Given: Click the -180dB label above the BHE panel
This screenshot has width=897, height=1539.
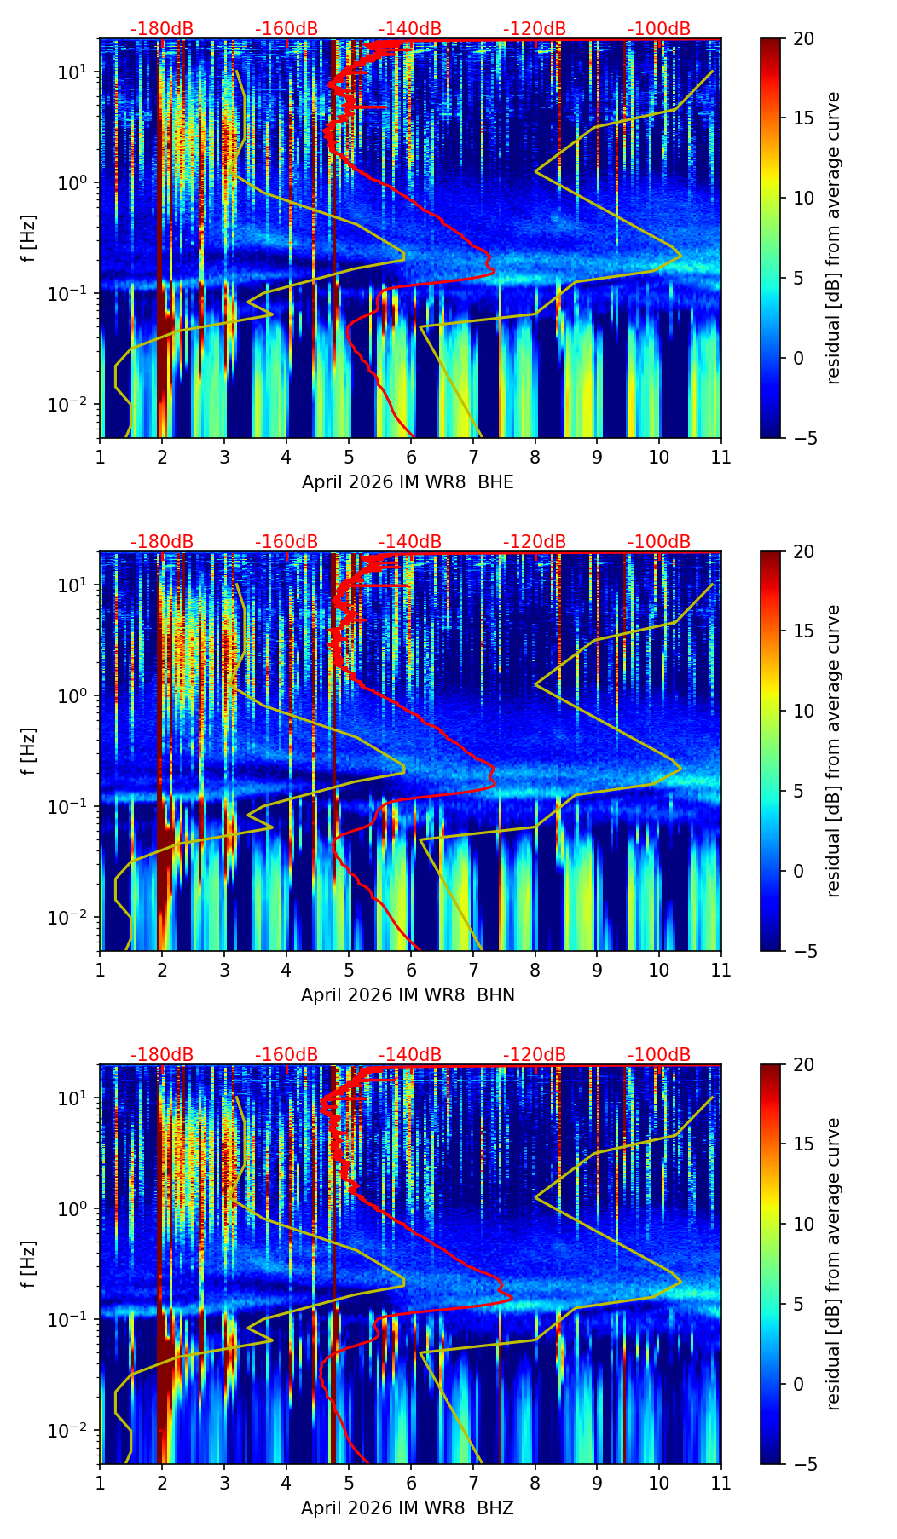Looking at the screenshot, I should click(162, 29).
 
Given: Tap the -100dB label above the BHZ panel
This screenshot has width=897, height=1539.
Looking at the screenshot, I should click(659, 1055).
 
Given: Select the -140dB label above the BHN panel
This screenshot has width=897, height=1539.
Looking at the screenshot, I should click(410, 542).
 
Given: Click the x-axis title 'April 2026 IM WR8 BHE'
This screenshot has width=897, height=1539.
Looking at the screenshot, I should click(408, 482).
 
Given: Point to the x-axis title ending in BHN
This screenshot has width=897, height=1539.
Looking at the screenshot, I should click(408, 995).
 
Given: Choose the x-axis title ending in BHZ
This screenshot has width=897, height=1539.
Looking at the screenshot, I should click(408, 1508).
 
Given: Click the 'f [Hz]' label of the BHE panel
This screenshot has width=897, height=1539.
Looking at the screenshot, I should click(29, 239).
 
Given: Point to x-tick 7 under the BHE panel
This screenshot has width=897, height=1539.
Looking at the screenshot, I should click(473, 458).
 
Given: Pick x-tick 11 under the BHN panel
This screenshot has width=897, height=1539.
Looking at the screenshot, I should click(721, 971).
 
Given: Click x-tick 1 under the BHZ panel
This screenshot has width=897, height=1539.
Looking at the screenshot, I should click(101, 1484).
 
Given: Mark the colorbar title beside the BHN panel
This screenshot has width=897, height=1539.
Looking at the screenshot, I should click(833, 751).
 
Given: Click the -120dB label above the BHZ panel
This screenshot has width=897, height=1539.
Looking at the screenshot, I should click(535, 1055).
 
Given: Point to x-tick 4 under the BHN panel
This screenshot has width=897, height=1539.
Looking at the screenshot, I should click(286, 971).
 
